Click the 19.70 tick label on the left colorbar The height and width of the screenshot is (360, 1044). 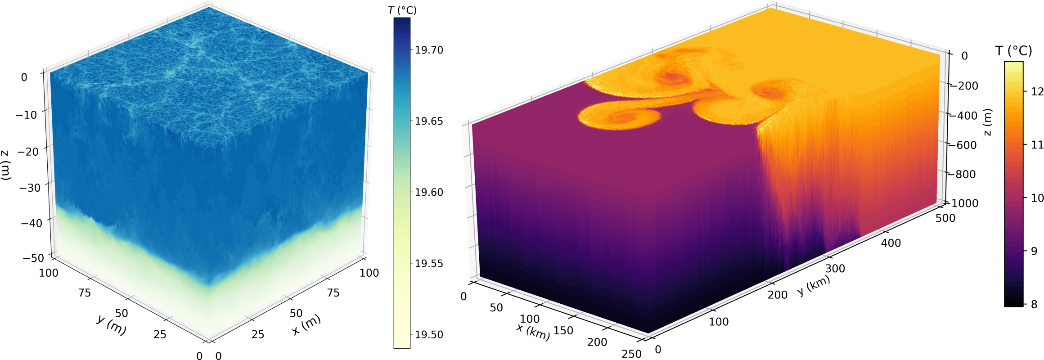pyautogui.click(x=429, y=50)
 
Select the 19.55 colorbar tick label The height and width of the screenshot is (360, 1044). pyautogui.click(x=429, y=263)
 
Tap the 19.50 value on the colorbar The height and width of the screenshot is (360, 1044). pyautogui.click(x=429, y=334)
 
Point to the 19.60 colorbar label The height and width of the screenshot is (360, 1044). pyautogui.click(x=429, y=192)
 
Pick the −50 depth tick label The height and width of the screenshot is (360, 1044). pyautogui.click(x=33, y=258)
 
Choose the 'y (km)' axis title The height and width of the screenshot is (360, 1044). pyautogui.click(x=814, y=285)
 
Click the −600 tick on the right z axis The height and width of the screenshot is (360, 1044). pyautogui.click(x=964, y=145)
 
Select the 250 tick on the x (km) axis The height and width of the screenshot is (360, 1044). pyautogui.click(x=631, y=354)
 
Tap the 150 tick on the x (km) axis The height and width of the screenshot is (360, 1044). pyautogui.click(x=563, y=331)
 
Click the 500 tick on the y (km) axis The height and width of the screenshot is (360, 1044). pyautogui.click(x=945, y=218)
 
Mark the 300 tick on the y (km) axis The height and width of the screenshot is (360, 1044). pyautogui.click(x=835, y=269)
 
